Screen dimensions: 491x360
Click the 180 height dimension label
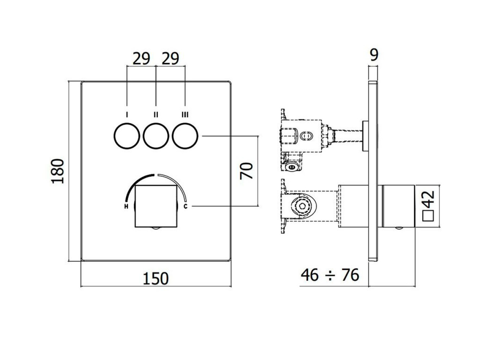(58, 171)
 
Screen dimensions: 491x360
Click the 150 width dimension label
(156, 279)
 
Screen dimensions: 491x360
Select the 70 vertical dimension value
(246, 171)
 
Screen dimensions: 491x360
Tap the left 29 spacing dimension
(141, 59)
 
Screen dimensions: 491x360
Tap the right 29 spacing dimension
(170, 59)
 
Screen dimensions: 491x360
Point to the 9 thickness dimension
(374, 55)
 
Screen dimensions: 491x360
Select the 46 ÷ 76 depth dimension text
(330, 275)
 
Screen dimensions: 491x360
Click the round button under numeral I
(127, 136)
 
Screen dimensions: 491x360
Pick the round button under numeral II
(156, 136)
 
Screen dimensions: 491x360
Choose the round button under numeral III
(185, 136)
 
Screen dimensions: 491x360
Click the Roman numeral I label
(127, 114)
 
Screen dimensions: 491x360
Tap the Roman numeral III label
(185, 114)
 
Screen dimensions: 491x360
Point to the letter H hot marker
(126, 206)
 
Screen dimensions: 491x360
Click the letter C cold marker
(186, 206)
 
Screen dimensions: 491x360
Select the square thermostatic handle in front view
(156, 206)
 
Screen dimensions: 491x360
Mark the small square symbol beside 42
(429, 216)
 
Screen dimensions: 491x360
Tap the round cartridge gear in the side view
(302, 206)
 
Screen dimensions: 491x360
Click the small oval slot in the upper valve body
(306, 136)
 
